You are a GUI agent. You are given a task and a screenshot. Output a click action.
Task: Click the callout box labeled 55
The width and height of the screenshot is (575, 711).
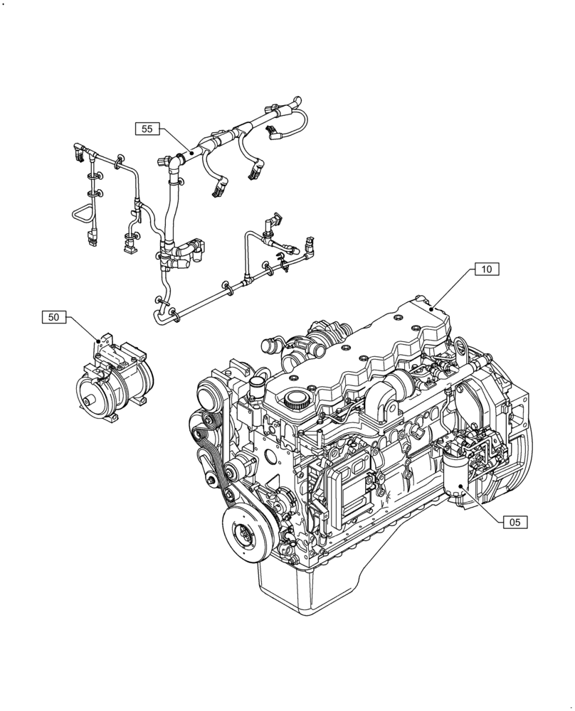click(147, 129)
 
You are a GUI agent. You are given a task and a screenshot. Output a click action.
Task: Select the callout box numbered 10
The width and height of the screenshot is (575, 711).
click(487, 269)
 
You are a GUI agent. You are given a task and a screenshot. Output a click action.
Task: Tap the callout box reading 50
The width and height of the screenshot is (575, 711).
click(53, 317)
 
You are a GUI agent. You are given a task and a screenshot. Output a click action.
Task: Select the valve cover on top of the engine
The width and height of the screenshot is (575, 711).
click(370, 348)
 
